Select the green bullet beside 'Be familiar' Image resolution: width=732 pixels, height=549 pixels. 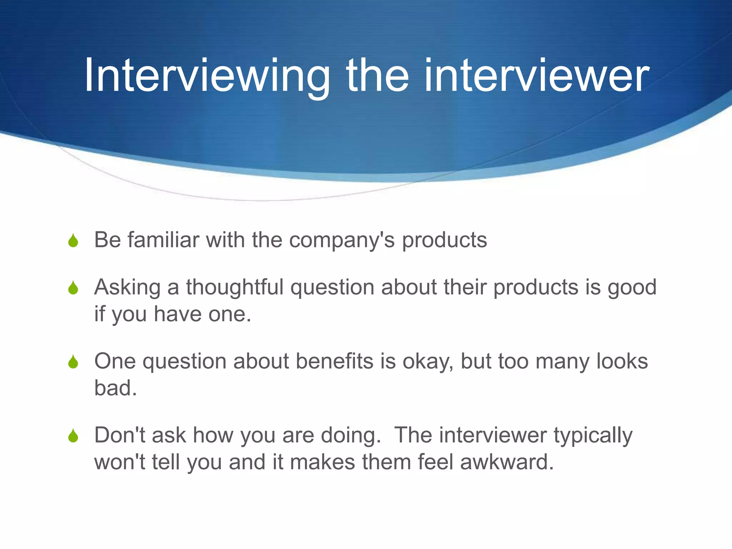tap(73, 241)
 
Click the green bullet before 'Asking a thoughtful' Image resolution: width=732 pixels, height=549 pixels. tap(73, 288)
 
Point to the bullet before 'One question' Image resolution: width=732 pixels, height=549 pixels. tap(73, 362)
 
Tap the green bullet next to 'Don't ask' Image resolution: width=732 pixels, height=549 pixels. tap(73, 436)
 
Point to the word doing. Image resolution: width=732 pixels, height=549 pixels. tap(351, 436)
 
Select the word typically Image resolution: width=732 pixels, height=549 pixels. tap(593, 436)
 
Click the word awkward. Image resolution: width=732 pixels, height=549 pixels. tap(506, 462)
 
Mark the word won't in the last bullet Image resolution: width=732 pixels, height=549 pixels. tap(120, 462)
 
